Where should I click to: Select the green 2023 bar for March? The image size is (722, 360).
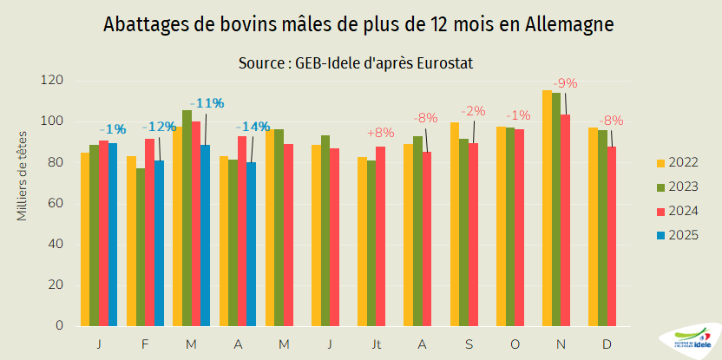(187, 218)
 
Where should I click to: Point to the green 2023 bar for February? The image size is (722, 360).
(141, 247)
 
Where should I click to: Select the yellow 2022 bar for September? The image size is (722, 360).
(455, 224)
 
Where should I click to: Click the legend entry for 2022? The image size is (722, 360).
(679, 162)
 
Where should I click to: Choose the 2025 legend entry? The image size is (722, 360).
(679, 234)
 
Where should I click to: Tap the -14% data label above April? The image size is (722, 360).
(253, 126)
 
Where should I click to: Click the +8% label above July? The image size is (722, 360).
(380, 133)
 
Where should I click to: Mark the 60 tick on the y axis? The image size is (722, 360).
(56, 203)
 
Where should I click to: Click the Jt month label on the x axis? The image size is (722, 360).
(377, 344)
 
